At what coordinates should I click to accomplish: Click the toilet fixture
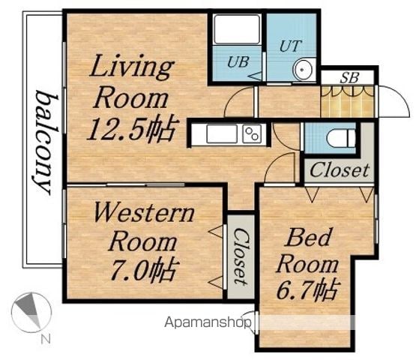click(x=342, y=138)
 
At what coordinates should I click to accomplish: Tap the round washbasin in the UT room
click(x=303, y=69)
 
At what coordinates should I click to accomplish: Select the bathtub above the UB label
click(x=237, y=29)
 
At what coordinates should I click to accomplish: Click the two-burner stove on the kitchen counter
click(x=252, y=133)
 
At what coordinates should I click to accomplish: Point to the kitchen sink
click(x=222, y=133)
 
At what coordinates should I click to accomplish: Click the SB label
click(x=349, y=78)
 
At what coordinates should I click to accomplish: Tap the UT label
click(x=291, y=46)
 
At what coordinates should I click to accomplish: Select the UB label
click(x=238, y=61)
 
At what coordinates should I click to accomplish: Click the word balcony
click(x=44, y=142)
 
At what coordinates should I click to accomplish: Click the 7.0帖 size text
click(x=143, y=270)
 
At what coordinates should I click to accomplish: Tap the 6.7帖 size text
click(x=307, y=289)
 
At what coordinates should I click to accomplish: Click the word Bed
click(x=309, y=237)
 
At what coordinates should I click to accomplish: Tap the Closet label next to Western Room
click(x=241, y=256)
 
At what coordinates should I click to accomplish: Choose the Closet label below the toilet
click(x=340, y=170)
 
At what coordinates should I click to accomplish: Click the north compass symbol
click(x=31, y=313)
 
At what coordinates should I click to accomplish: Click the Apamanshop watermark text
click(x=208, y=322)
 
